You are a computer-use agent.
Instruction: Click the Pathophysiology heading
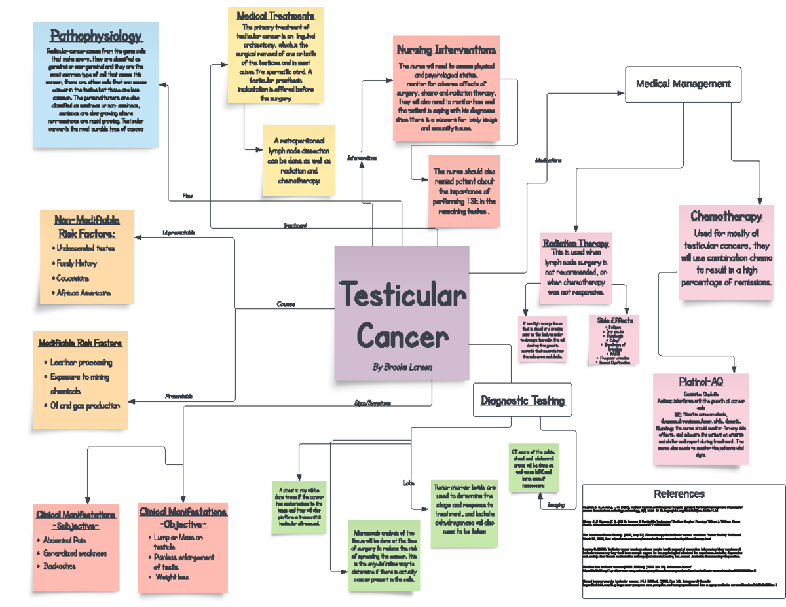[96, 36]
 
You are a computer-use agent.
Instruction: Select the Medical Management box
[683, 84]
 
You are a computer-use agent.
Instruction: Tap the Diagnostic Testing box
[522, 401]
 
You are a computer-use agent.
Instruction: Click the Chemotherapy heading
[726, 217]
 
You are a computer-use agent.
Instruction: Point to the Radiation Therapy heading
[576, 243]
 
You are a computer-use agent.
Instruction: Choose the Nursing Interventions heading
[445, 50]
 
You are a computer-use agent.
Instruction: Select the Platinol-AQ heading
[700, 382]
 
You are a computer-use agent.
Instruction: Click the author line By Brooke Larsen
[402, 367]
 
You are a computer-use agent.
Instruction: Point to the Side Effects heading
[615, 320]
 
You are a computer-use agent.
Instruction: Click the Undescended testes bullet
[86, 249]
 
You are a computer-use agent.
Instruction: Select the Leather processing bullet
[82, 363]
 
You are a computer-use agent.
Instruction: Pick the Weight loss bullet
[172, 578]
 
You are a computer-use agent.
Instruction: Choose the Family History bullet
[77, 263]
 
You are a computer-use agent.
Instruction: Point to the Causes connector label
[286, 304]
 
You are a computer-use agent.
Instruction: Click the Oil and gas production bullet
[85, 406]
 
